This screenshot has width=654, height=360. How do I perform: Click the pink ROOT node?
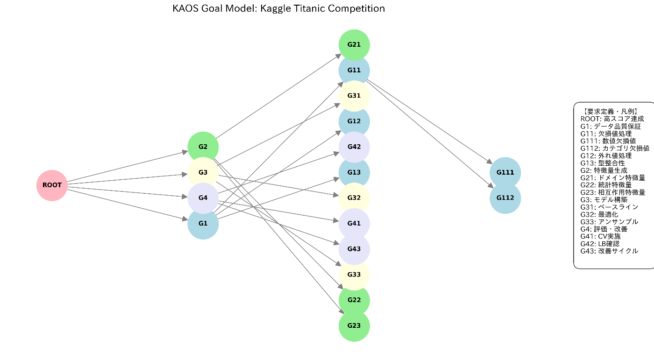52,185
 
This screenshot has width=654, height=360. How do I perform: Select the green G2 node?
203,147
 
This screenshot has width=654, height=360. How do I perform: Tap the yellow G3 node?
203,172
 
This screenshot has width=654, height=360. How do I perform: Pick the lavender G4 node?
203,198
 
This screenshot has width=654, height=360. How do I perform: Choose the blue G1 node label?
203,223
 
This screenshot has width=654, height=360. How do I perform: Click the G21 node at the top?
354,44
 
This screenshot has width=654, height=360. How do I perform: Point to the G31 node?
354,96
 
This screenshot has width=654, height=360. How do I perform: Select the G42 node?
354,147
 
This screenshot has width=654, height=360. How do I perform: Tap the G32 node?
354,198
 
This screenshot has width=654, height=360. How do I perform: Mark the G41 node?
354,223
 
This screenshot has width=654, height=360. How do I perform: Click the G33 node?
354,275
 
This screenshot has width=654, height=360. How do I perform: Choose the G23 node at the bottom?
354,325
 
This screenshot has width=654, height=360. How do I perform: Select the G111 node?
505,172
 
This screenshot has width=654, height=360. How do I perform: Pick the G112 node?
505,198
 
